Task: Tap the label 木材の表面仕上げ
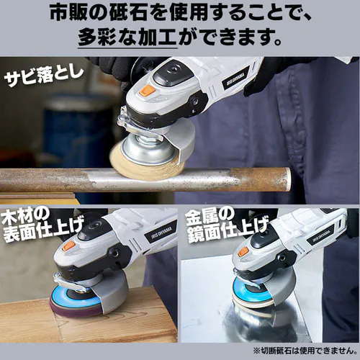point(43,231)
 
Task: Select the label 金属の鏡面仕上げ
point(223,231)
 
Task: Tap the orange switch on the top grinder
point(145,91)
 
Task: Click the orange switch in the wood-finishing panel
point(69,245)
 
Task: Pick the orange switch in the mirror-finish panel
point(241,251)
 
